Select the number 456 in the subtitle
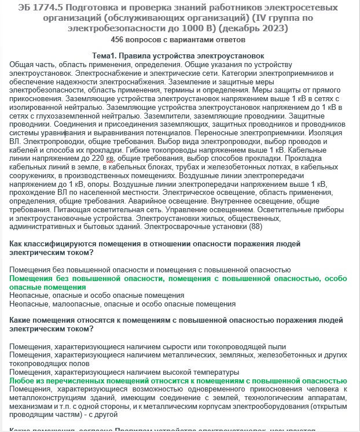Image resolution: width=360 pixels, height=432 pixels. click(119, 39)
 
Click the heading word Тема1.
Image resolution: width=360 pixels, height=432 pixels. click(109, 55)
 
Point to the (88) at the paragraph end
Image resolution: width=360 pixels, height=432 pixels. click(256, 227)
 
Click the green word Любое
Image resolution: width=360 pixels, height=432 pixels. click(24, 381)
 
